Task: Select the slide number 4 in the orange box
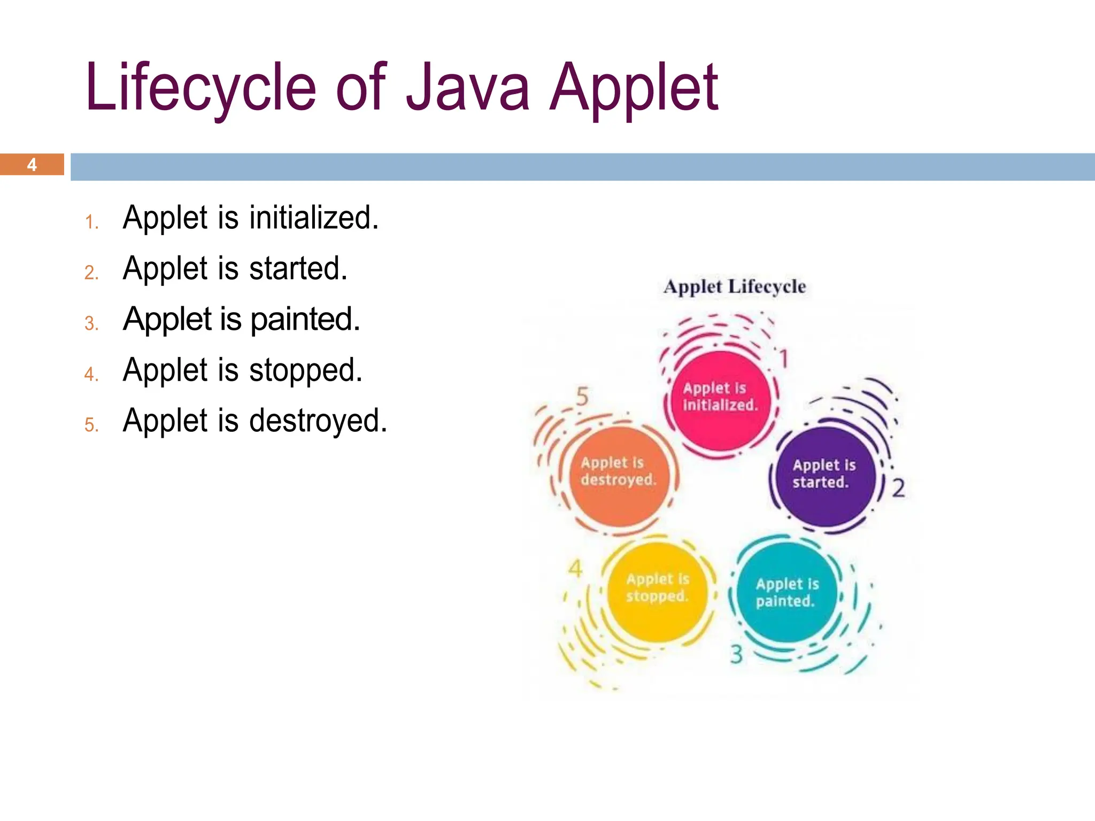pos(32,165)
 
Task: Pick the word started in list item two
pos(298,268)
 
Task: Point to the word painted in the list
pos(305,320)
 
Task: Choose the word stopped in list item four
pos(306,370)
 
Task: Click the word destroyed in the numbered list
pos(318,421)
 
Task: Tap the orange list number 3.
pos(91,323)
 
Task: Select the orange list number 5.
pos(91,425)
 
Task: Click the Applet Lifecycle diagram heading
pos(735,286)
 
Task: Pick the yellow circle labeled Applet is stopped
pos(657,591)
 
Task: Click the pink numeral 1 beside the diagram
pos(783,359)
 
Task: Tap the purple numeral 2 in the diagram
pos(898,487)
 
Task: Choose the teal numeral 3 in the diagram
pos(736,654)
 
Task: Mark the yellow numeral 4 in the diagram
pos(575,569)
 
